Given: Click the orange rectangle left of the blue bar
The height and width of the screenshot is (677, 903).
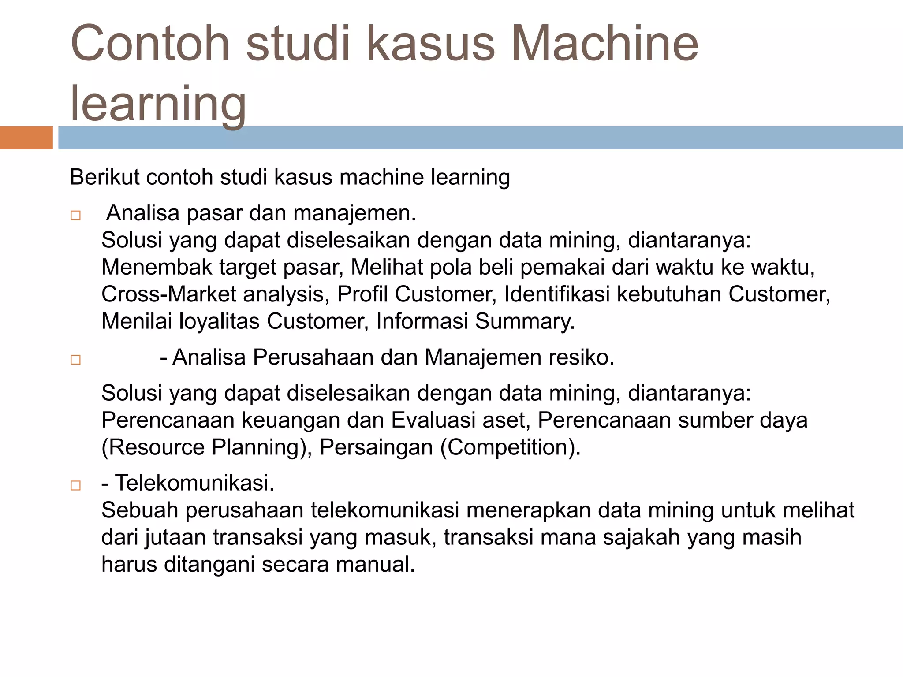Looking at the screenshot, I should pos(26,138).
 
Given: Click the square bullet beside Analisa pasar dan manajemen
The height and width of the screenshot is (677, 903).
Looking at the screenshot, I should pos(75,216).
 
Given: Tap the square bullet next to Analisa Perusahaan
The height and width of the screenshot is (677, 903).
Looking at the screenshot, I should pos(75,360).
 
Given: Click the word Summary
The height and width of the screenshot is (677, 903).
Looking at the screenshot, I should pos(524,321).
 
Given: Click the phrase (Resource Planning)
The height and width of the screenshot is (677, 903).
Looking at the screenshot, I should pos(207,447).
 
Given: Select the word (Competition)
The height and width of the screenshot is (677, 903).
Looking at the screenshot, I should pos(510,447).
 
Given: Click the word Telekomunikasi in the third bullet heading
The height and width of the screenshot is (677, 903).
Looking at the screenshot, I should pos(194,483).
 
